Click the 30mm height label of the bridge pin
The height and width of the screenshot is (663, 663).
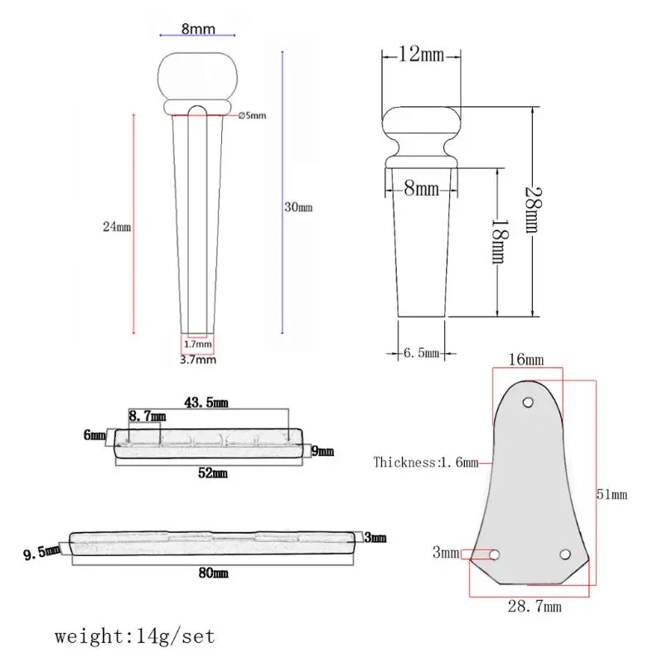coord(298,207)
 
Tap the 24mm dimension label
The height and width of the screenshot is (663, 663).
coord(117,226)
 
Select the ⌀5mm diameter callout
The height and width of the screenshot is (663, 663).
coord(253,115)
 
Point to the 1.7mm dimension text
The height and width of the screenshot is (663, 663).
coord(197,344)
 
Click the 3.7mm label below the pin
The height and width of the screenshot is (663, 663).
coord(198,360)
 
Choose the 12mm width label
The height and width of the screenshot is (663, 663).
coord(421,55)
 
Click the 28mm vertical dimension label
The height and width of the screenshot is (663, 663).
coord(533,210)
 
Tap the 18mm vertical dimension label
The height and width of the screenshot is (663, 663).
coord(501,241)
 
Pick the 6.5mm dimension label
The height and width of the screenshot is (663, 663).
coord(422,353)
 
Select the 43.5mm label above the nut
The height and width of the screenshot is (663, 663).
coord(206,402)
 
